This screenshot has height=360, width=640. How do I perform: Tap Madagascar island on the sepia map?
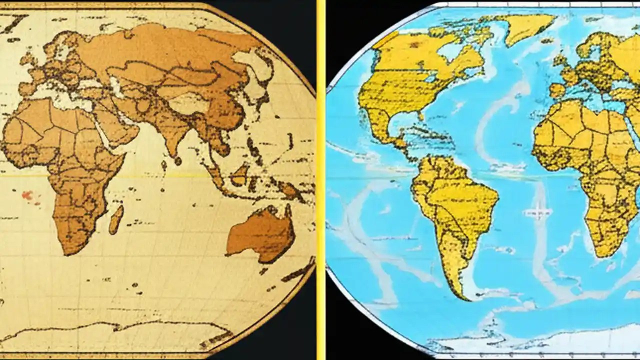point(116,219)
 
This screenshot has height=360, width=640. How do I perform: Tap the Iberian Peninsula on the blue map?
point(557,90)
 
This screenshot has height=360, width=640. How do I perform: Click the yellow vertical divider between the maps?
point(320,180)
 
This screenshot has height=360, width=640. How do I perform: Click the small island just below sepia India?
point(178,161)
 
